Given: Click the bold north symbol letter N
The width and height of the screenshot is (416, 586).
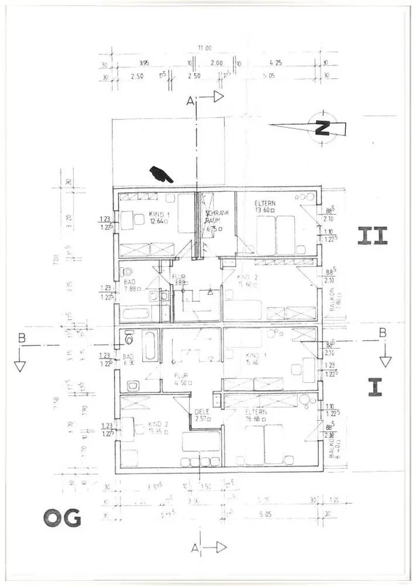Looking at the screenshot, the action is (x=321, y=128).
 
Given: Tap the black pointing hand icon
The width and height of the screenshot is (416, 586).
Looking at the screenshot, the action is (x=159, y=173).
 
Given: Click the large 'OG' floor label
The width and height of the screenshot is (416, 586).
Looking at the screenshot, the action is (x=62, y=518).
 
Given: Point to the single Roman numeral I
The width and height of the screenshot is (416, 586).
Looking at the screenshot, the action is (x=374, y=387).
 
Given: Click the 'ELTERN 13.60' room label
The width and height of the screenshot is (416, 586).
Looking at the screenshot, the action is (x=266, y=206).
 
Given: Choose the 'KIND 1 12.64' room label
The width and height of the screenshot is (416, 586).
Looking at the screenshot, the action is (x=159, y=218).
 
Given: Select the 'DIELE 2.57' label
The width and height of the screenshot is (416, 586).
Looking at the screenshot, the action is (x=202, y=415).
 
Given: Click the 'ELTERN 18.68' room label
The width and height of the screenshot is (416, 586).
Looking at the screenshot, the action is (x=257, y=415).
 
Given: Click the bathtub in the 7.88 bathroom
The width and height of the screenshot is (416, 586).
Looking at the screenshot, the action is (x=136, y=313).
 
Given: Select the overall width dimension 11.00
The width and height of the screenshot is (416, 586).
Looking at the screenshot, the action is (x=205, y=48).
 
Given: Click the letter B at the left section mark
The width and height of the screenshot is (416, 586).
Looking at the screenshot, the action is (x=22, y=338).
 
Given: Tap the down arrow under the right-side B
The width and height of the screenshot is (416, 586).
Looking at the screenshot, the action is (x=385, y=360).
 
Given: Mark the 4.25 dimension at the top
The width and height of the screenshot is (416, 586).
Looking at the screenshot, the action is (x=277, y=62).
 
